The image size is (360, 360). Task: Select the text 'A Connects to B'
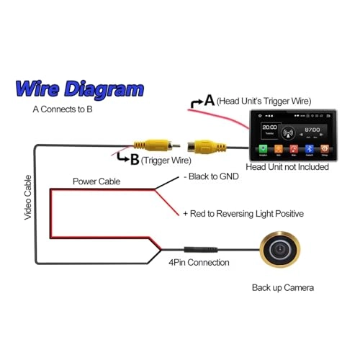pos(62,110)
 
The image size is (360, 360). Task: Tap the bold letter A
pos(210,101)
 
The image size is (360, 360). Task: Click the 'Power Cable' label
pos(96,181)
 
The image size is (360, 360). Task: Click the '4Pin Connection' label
pos(199,262)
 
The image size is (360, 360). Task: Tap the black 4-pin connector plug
pos(196,248)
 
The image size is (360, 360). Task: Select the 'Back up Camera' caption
pos(283,287)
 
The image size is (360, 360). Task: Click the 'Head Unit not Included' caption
pos(287,166)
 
